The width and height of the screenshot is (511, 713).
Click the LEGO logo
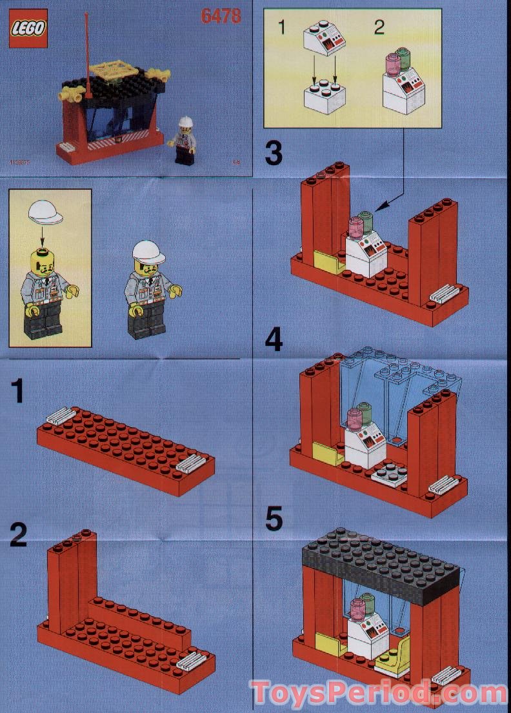click(x=28, y=29)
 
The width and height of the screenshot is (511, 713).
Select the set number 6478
click(x=221, y=15)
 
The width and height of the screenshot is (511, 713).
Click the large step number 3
click(x=274, y=154)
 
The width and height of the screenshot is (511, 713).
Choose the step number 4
click(x=274, y=339)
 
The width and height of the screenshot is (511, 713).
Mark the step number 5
click(x=274, y=519)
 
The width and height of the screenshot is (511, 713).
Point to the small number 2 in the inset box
click(x=379, y=27)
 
